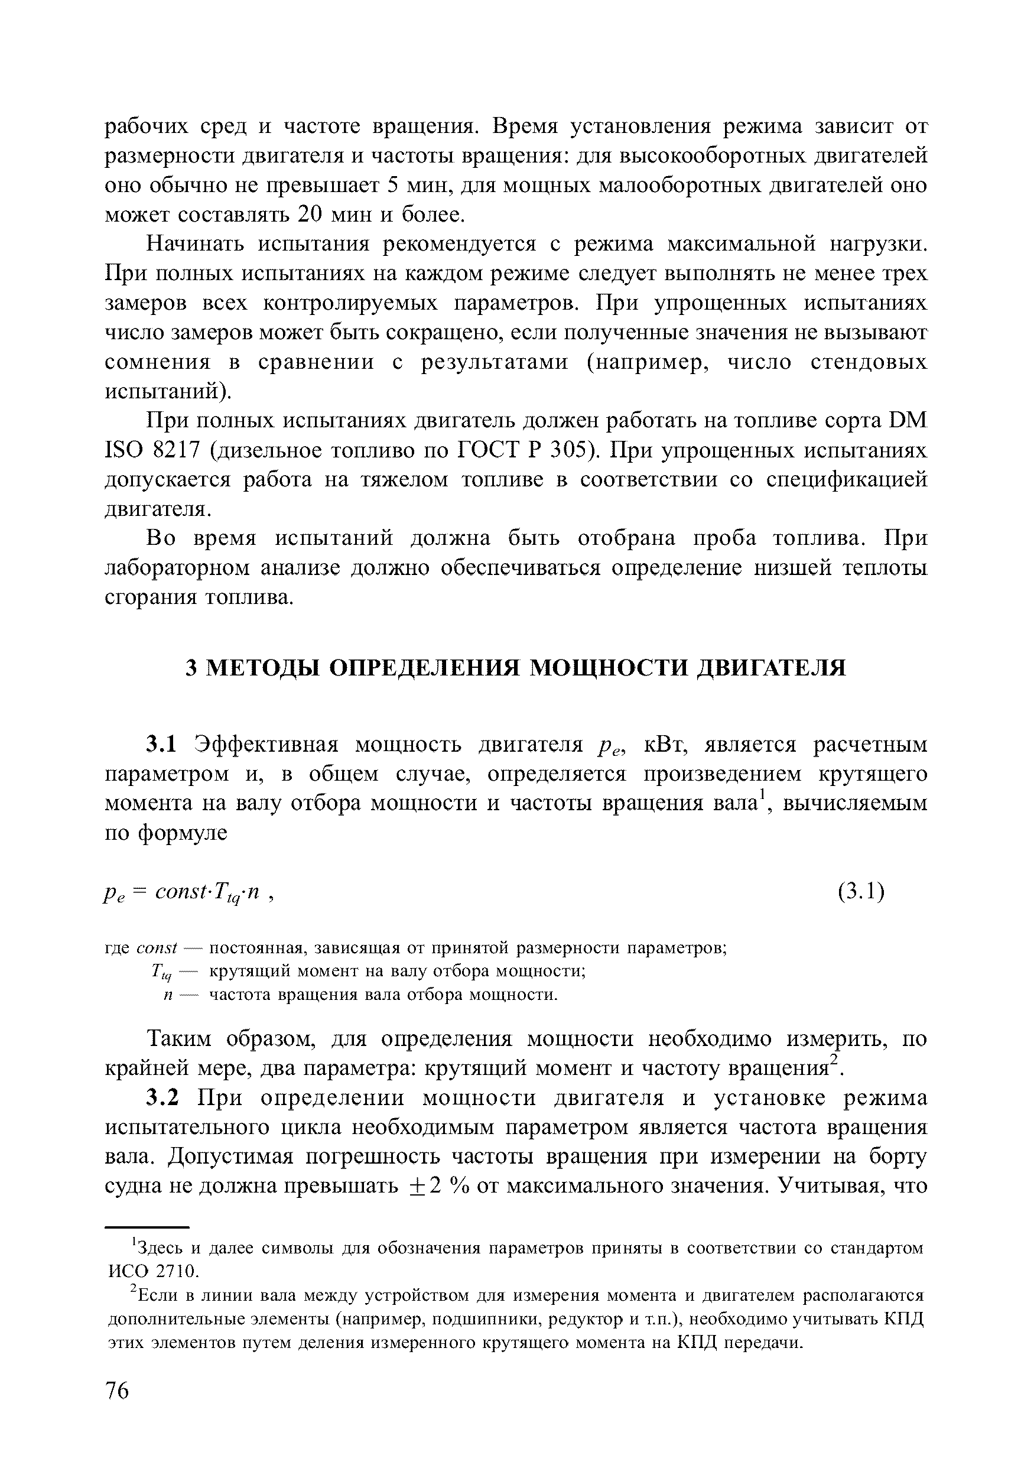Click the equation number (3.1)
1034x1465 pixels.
861,891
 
